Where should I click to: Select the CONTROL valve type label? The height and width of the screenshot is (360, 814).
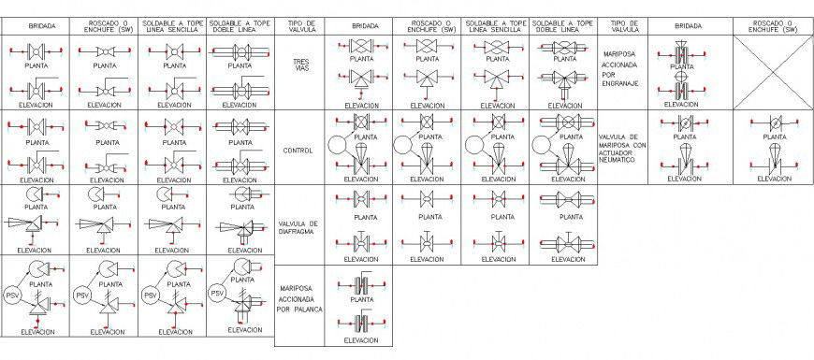(x=298, y=150)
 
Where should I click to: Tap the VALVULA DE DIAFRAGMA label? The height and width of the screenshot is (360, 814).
(x=298, y=229)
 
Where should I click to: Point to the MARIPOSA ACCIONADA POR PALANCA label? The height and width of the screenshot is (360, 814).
(x=298, y=299)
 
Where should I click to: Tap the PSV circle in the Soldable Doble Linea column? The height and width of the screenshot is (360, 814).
(x=216, y=293)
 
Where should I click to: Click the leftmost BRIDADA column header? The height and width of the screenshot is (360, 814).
(x=35, y=25)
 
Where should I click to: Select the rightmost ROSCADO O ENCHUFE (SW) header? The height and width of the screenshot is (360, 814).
(x=773, y=25)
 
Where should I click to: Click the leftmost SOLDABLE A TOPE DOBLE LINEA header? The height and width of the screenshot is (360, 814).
(x=240, y=25)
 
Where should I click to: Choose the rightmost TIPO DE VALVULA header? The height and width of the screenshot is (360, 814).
(x=622, y=25)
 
